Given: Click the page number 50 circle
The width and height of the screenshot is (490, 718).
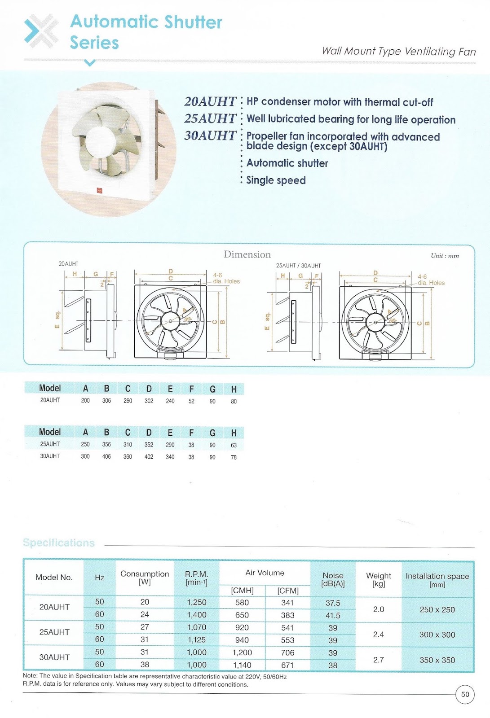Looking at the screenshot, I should (465, 695).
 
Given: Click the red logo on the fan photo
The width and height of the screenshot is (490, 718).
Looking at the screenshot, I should (100, 190).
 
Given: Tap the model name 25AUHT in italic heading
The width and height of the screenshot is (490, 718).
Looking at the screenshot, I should (210, 118).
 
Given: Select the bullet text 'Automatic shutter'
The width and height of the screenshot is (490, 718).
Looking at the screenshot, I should (287, 163).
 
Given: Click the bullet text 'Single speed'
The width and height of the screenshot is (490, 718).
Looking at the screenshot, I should (276, 180).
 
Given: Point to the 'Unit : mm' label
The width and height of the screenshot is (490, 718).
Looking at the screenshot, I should (445, 256).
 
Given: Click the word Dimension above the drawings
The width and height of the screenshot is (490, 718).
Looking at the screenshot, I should (247, 254).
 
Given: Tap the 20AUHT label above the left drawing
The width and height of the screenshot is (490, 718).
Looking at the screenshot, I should (68, 264).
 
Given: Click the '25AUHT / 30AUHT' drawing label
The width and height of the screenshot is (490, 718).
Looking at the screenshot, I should (298, 266).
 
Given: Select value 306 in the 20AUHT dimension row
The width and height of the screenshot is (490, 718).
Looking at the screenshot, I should (106, 401).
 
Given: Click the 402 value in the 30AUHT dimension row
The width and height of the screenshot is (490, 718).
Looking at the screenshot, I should (149, 457).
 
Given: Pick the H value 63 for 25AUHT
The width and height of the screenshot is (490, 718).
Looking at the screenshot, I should (234, 445).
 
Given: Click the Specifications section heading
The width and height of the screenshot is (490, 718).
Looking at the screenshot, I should (59, 543).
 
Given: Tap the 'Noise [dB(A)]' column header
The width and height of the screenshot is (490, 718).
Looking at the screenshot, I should (333, 579).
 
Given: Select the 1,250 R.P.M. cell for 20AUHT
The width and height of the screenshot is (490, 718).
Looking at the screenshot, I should (197, 603).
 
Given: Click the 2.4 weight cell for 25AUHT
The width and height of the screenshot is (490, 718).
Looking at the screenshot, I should (379, 635).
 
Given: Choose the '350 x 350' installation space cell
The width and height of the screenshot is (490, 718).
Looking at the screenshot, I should (437, 660).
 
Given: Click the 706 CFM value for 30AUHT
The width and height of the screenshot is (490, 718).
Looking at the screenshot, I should (287, 653).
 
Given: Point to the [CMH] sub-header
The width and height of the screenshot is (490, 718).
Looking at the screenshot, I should (242, 591).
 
